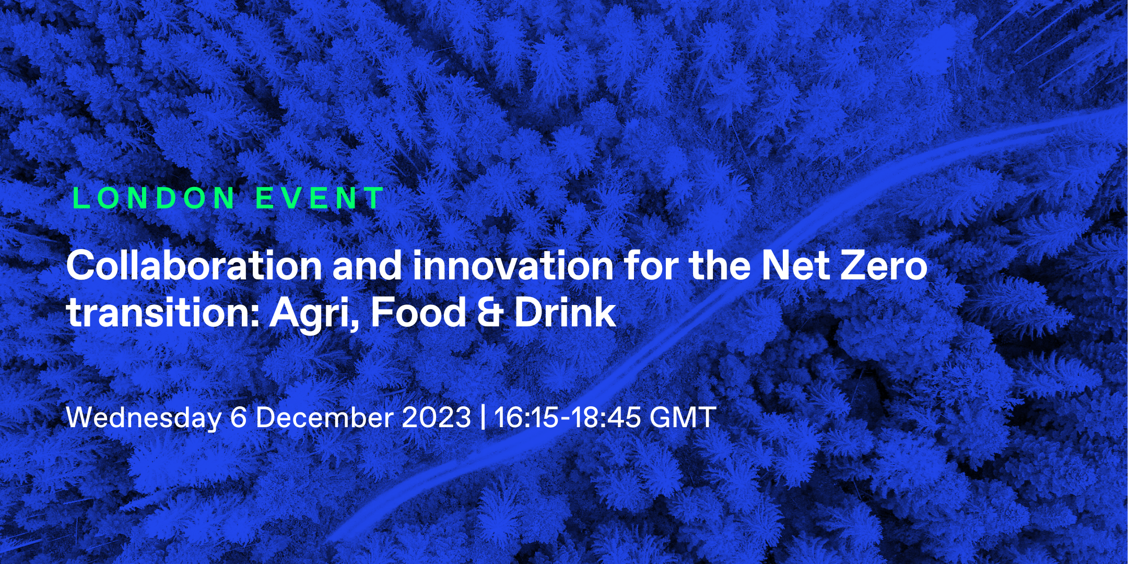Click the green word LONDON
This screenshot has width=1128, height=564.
pyautogui.click(x=154, y=198)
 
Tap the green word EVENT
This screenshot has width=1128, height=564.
pyautogui.click(x=320, y=198)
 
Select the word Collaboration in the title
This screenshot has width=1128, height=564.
pyautogui.click(x=194, y=265)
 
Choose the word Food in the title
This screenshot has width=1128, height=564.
pyautogui.click(x=418, y=312)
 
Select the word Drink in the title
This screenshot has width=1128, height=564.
pyautogui.click(x=566, y=312)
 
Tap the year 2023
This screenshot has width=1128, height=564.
pyautogui.click(x=437, y=417)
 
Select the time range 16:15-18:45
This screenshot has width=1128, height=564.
pyautogui.click(x=567, y=417)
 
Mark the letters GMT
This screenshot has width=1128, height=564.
pyautogui.click(x=683, y=417)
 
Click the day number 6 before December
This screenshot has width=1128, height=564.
pyautogui.click(x=239, y=417)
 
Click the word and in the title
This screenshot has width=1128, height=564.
pyautogui.click(x=367, y=265)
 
